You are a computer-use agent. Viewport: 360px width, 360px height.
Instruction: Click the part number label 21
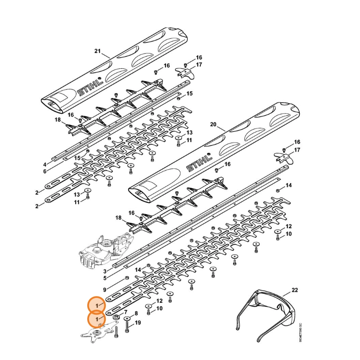coord(98,51)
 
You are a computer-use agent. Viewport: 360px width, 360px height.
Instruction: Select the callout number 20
coord(213,125)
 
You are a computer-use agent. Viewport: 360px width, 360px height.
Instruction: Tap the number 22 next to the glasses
coord(295,290)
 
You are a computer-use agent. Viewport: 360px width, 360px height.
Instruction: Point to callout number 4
coord(45,164)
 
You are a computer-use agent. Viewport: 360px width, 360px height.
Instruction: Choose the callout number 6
coord(45,171)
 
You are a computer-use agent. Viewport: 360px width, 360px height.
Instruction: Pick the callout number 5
coord(105,278)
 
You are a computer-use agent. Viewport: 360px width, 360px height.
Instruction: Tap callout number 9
coord(105,290)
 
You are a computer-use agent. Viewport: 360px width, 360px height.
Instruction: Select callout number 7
coord(126,312)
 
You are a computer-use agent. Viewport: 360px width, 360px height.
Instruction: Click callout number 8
coord(136,314)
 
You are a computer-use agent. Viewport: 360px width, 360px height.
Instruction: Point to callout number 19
coord(138,323)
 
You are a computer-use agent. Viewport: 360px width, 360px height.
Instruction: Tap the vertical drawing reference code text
coord(300,333)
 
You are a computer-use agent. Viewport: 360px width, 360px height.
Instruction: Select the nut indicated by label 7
coord(116,317)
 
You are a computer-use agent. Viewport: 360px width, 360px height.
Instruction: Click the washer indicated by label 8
coord(127,319)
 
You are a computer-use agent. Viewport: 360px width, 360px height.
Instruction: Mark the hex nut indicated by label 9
coord(126,278)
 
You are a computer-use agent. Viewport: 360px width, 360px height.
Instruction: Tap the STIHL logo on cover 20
coord(199,164)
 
